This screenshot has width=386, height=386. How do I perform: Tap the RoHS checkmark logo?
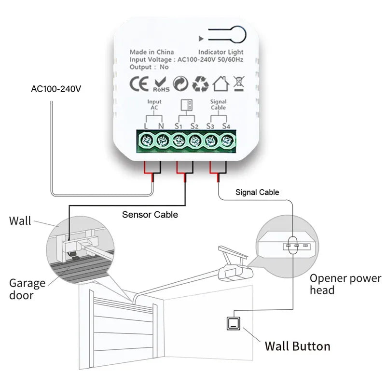click(161, 84)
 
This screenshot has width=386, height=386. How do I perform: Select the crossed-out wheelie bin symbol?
click(238, 83)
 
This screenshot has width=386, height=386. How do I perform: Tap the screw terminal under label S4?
click(227, 141)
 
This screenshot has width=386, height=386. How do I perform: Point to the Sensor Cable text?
click(150, 215)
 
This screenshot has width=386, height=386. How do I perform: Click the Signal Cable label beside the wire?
click(257, 192)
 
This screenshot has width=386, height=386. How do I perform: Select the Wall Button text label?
click(297, 346)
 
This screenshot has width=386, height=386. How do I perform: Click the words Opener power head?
click(345, 284)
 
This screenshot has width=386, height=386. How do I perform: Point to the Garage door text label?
click(27, 289)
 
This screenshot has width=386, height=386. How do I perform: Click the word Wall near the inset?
click(20, 221)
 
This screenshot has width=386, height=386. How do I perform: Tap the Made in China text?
click(152, 52)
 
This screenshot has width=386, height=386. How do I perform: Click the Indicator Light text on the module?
click(221, 52)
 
